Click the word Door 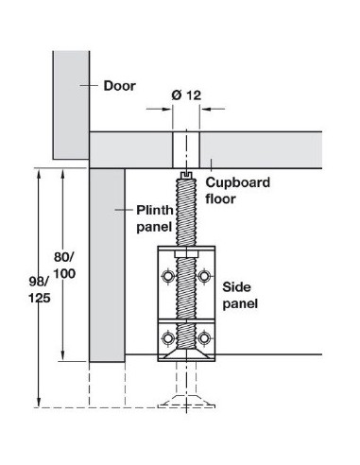click(120, 86)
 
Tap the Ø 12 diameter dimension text click(186, 95)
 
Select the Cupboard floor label click(238, 190)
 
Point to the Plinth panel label click(155, 218)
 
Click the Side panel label click(240, 295)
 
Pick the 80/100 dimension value click(64, 266)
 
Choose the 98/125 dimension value click(40, 289)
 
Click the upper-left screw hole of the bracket click(168, 276)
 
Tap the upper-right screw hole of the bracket click(204, 276)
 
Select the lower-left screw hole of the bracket click(168, 338)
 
